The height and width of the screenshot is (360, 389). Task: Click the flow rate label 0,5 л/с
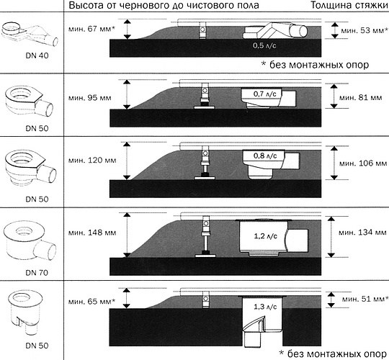264,45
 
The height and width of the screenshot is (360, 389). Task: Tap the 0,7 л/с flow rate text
264,94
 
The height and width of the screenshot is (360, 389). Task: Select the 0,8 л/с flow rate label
265,156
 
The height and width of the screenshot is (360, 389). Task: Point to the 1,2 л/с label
265,236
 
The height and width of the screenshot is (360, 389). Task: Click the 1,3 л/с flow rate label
265,307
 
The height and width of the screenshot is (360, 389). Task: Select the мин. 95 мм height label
90,98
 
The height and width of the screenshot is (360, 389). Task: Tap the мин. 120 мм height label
92,160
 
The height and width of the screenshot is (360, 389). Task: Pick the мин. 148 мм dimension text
92,233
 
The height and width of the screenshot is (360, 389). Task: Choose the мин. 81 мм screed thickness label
361,98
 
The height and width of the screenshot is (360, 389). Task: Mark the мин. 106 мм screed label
363,163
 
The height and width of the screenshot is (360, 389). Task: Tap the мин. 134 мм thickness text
362,233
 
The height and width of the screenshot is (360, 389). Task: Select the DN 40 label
37,55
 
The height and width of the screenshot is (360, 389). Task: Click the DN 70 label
37,273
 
